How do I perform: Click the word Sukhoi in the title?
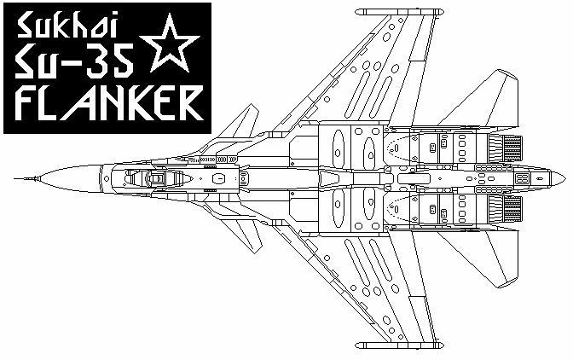pos(67,25)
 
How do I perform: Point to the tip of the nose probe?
pos(14,179)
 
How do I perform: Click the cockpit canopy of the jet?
pos(158,178)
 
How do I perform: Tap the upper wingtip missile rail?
pos(399,12)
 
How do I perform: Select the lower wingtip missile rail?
pos(399,345)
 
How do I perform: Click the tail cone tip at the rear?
pos(565,179)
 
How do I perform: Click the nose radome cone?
pos(70,179)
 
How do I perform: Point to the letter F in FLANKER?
pos(28,103)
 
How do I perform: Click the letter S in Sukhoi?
pos(26,26)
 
